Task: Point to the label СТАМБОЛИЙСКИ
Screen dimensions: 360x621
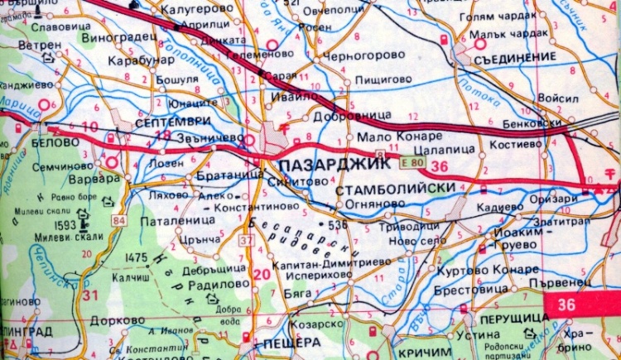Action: [x=397, y=190]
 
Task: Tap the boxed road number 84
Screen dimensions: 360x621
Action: [x=121, y=221]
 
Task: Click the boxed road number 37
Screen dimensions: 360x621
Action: [x=246, y=240]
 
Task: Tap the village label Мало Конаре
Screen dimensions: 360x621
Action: [x=383, y=137]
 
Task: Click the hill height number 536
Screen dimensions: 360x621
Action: [x=335, y=224]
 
